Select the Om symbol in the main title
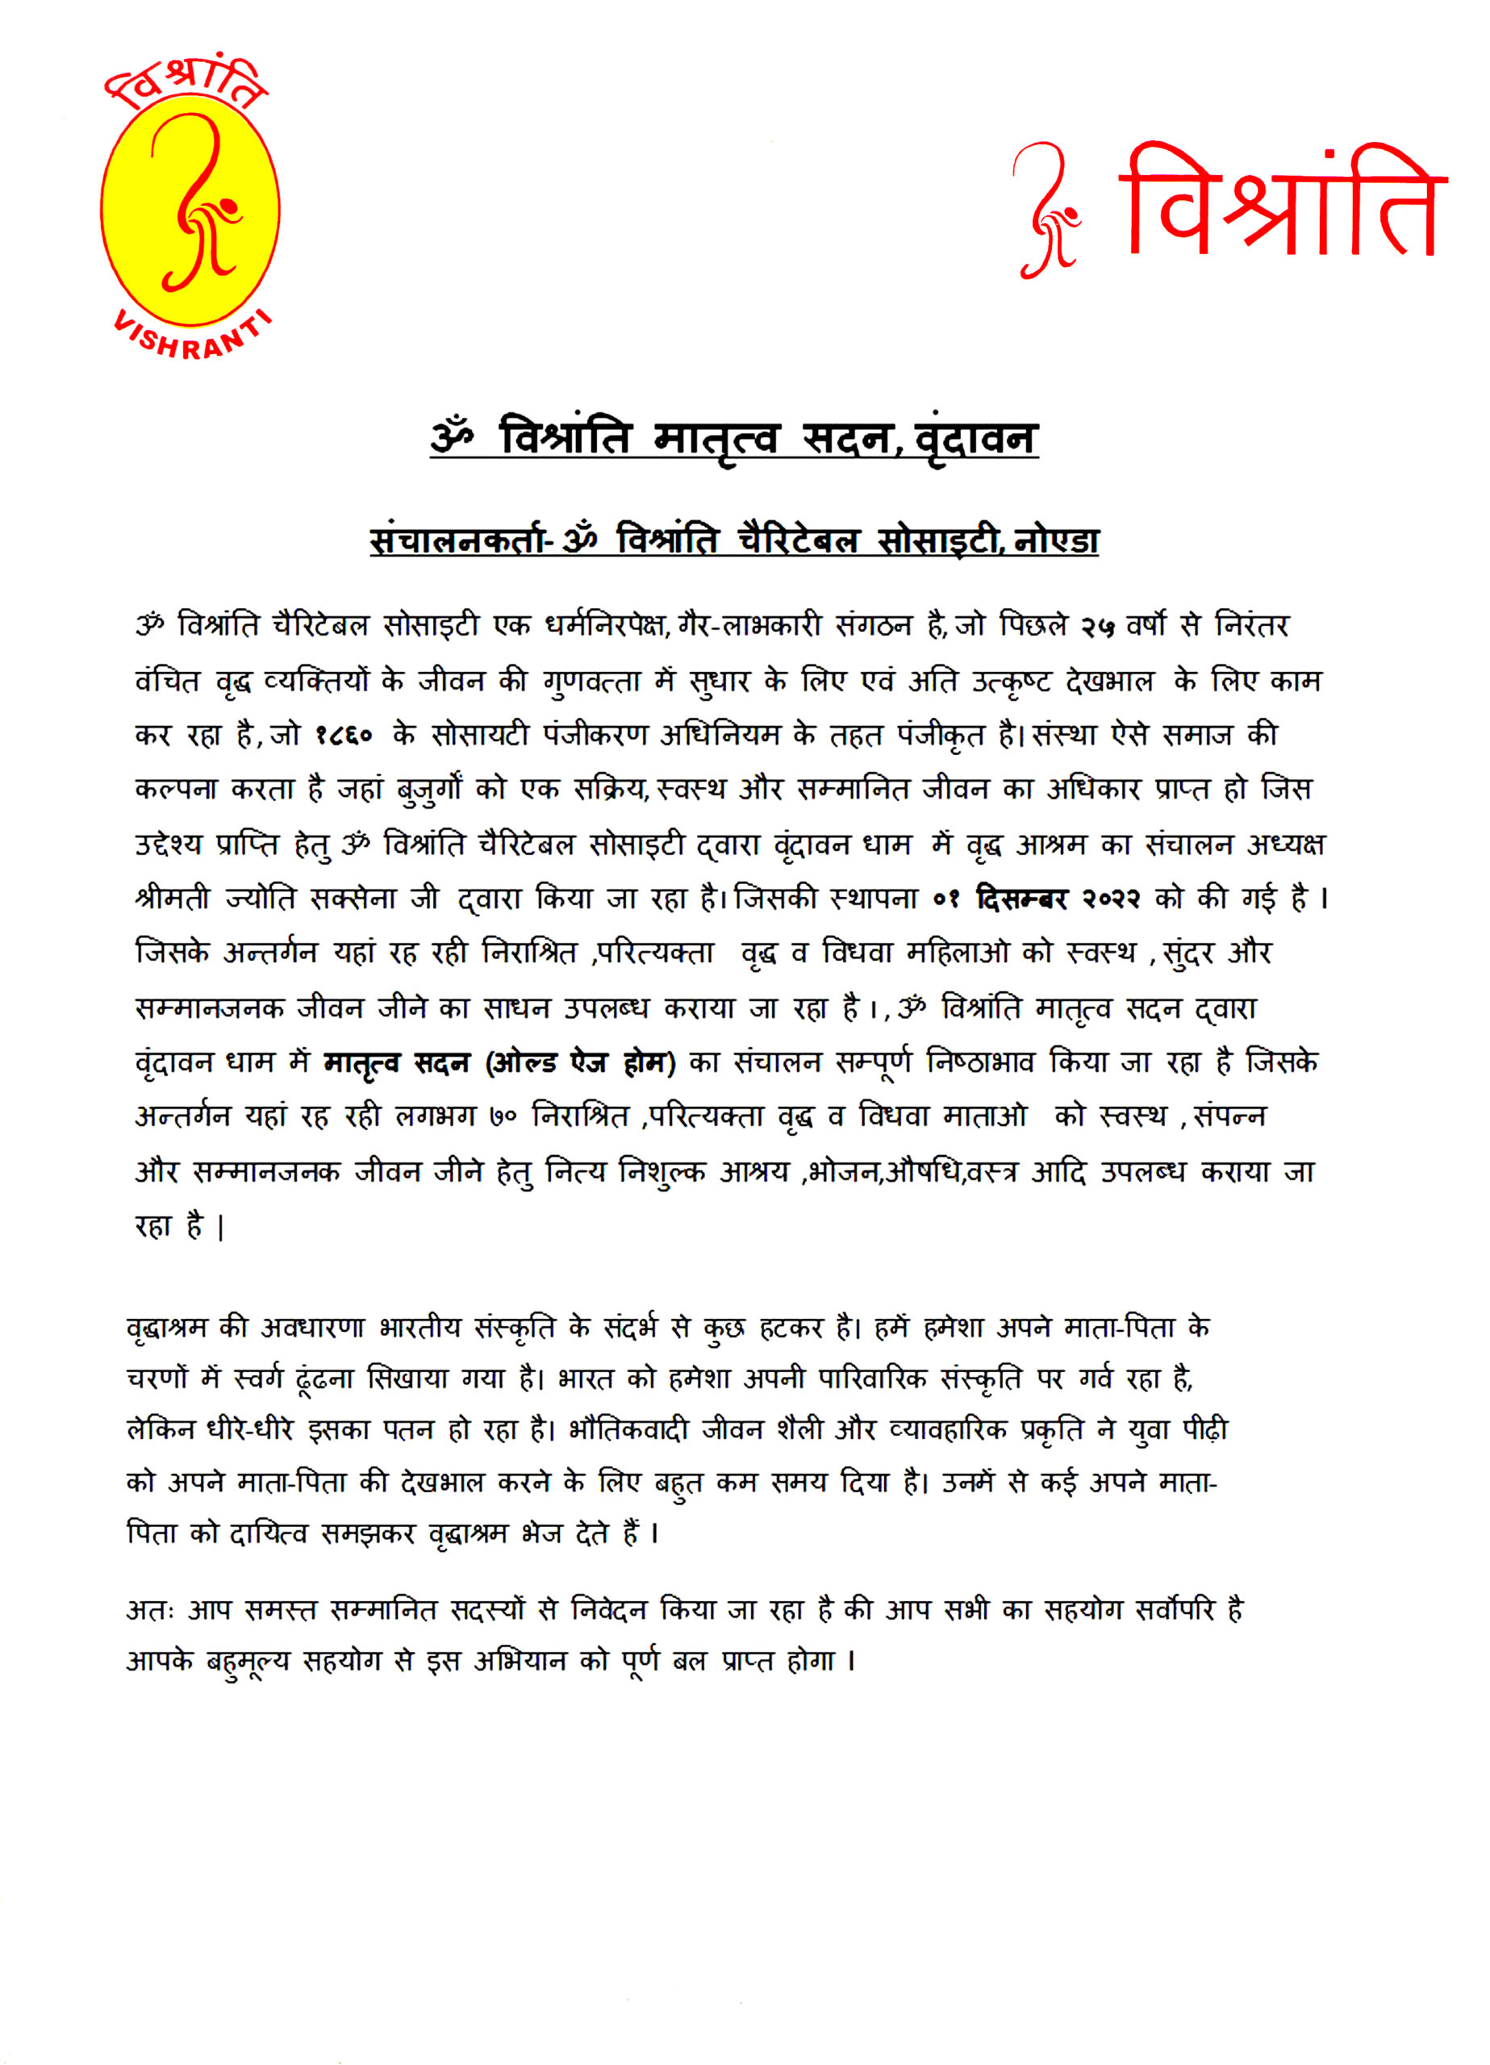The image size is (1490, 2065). coord(453,436)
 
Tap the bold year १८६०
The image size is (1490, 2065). coord(344,736)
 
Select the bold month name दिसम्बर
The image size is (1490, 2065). coord(1021,899)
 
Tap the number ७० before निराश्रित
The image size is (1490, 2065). coord(503,1117)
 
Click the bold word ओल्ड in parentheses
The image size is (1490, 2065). coord(524,1062)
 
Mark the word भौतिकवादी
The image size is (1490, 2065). coord(628,1430)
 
